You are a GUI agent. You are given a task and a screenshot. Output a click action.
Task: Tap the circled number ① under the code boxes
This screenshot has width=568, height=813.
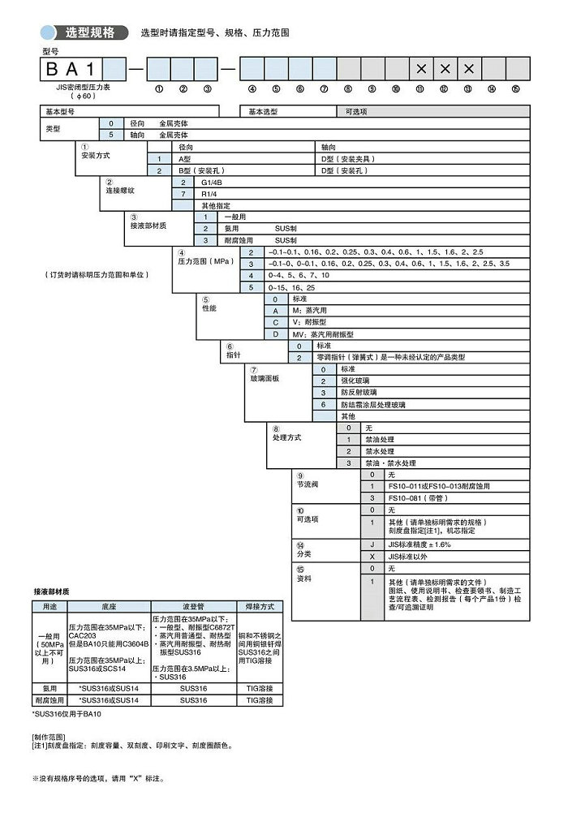(158, 88)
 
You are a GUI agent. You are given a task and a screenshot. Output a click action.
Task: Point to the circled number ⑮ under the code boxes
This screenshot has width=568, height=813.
(516, 88)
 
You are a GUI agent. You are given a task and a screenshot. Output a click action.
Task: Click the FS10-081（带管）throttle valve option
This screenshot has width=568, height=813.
(420, 497)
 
